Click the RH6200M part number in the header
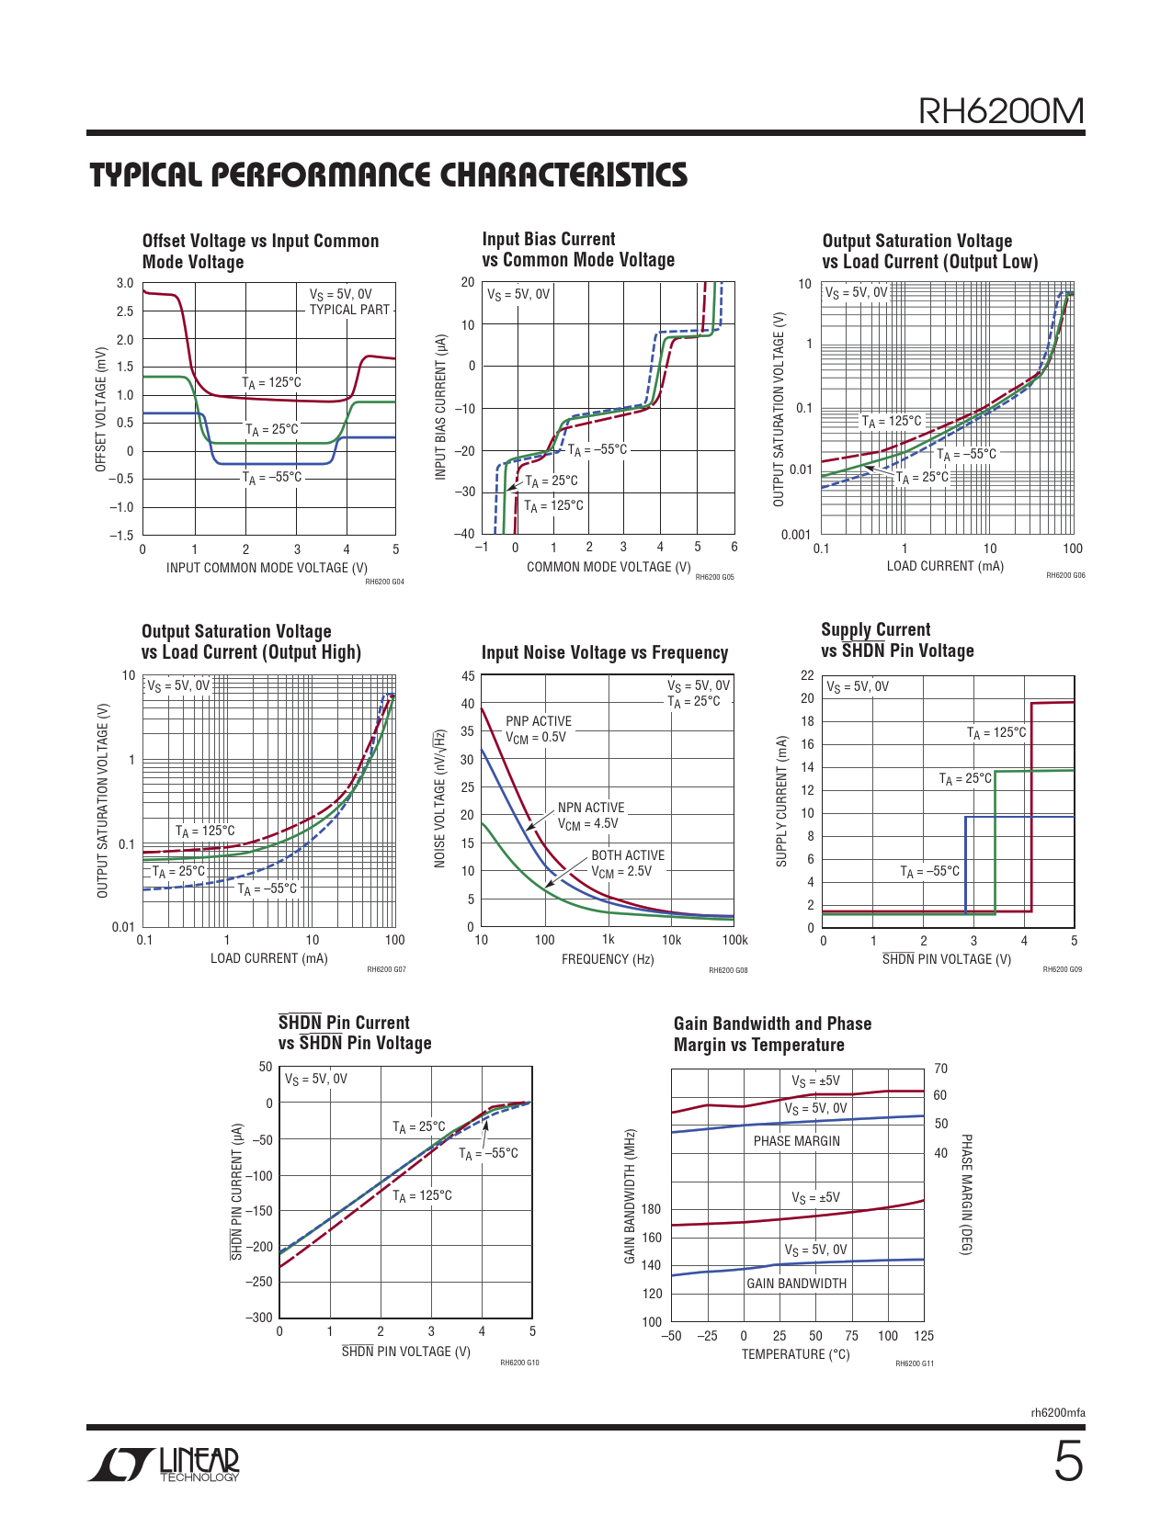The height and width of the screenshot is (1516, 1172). [1001, 111]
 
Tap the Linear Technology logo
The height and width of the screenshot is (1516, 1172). [165, 1465]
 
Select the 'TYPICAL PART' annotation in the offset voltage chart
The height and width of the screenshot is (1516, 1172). [349, 310]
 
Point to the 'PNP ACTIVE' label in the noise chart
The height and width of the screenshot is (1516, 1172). [539, 721]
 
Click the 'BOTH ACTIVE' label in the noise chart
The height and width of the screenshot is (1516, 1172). [628, 855]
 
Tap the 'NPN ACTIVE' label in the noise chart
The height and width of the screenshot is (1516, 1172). [591, 808]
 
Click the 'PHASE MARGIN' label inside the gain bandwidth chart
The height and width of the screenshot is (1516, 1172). [797, 1141]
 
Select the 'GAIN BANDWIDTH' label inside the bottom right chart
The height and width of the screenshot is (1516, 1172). [797, 1284]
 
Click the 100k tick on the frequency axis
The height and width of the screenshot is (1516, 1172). [735, 940]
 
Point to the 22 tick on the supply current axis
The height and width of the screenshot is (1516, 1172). [807, 675]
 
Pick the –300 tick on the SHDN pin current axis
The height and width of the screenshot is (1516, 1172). [259, 1318]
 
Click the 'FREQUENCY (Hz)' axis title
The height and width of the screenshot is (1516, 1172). [608, 959]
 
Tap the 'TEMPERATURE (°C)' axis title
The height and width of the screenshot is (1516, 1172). [796, 1354]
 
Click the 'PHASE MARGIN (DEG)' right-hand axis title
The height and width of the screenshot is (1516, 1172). [966, 1194]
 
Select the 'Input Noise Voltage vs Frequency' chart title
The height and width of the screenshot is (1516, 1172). [605, 652]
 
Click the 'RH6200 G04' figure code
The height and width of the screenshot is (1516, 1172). [384, 582]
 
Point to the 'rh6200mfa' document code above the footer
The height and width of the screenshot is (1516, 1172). [1058, 1413]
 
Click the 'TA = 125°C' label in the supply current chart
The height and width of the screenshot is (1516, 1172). [996, 733]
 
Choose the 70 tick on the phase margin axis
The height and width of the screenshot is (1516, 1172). [940, 1069]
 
